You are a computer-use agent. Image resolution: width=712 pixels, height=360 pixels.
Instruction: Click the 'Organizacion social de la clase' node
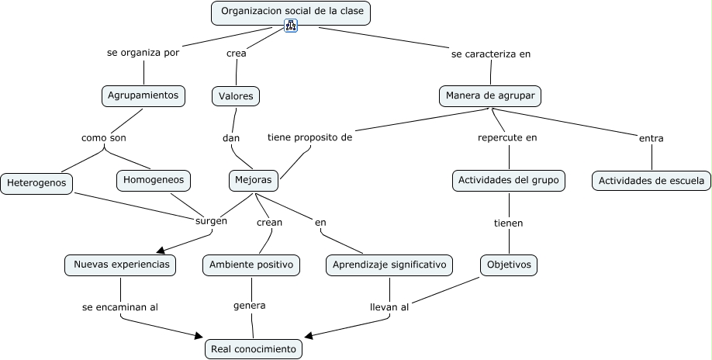(291, 12)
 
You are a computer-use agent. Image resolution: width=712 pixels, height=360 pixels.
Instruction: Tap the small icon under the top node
(291, 26)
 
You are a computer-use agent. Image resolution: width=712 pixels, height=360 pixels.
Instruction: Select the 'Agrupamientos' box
(143, 96)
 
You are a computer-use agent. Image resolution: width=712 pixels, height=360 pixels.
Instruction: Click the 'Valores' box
(236, 96)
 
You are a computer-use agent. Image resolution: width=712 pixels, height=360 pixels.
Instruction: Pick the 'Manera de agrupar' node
(490, 96)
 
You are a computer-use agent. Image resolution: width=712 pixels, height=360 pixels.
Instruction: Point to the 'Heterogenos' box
(36, 184)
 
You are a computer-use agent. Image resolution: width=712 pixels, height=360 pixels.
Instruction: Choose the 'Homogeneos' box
(154, 180)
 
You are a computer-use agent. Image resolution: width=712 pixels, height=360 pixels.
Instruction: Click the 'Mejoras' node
(254, 180)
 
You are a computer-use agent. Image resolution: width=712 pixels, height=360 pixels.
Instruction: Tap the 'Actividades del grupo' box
(509, 181)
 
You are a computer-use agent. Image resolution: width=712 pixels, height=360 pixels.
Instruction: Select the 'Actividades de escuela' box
(652, 182)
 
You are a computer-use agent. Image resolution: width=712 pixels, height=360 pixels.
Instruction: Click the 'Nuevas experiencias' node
(120, 265)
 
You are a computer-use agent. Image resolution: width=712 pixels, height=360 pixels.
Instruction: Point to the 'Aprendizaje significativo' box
(389, 265)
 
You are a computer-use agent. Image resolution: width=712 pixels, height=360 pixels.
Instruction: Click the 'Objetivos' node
(509, 265)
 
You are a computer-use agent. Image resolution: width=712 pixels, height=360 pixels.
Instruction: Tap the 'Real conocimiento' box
(254, 349)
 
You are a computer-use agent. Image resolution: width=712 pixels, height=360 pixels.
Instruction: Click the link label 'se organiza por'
(143, 54)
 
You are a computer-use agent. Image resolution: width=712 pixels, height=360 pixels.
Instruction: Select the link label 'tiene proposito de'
(310, 137)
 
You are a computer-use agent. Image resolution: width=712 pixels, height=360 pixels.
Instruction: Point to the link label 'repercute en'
(507, 138)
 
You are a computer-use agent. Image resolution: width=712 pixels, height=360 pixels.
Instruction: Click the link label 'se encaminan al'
(120, 307)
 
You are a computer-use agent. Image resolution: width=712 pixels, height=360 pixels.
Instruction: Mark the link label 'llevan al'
(389, 307)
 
